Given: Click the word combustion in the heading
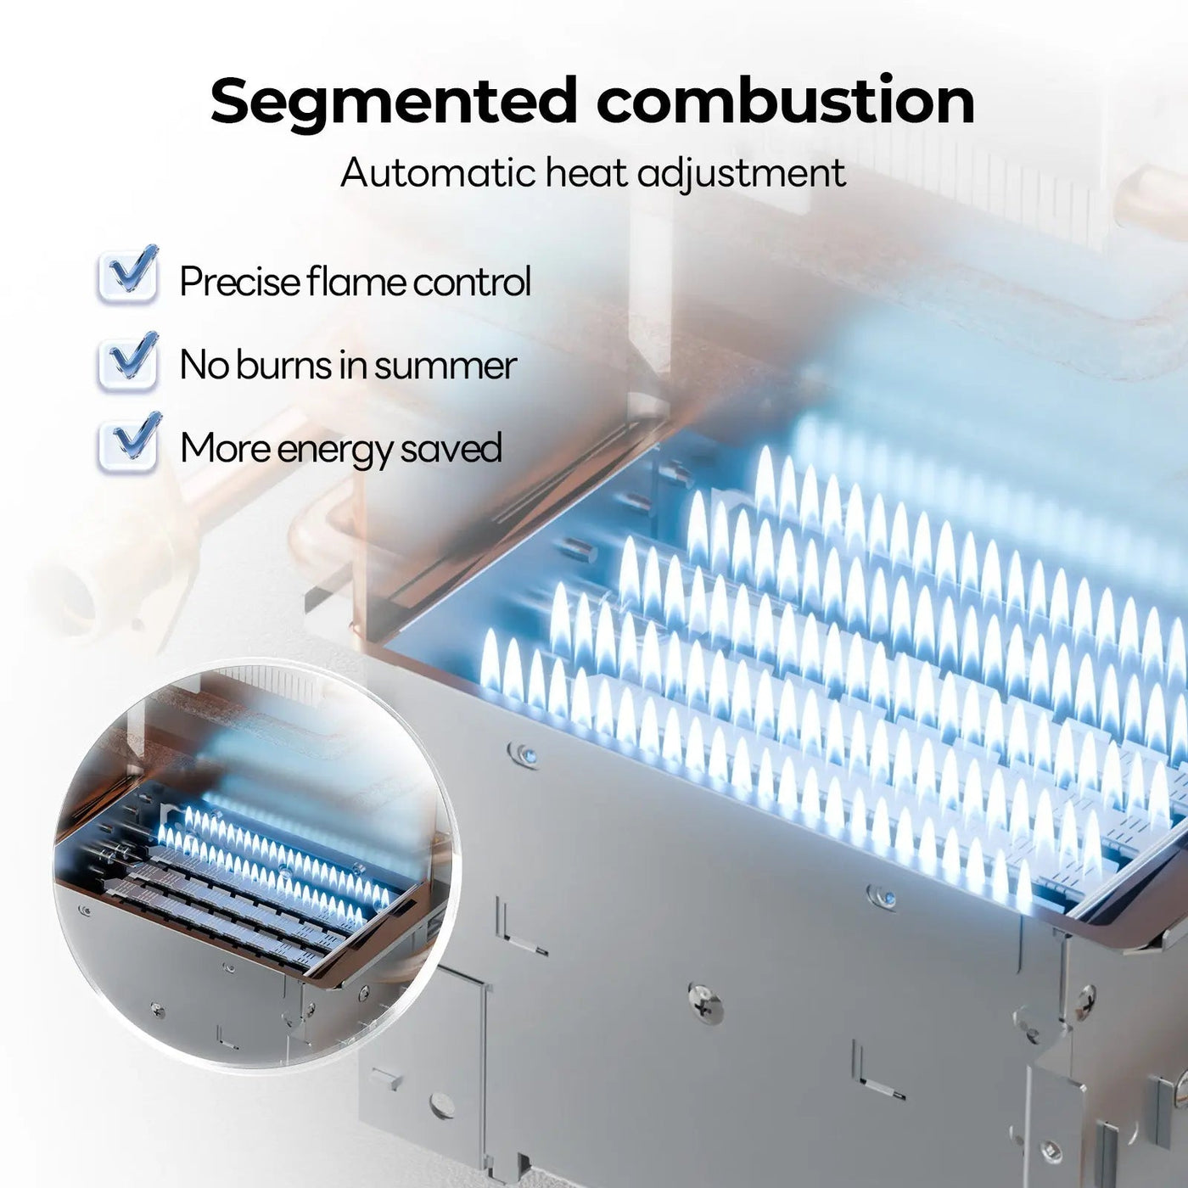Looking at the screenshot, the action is (786, 100).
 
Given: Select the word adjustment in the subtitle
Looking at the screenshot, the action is (741, 174).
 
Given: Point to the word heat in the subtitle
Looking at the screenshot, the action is (585, 172).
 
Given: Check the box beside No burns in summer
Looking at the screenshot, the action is (128, 361).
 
